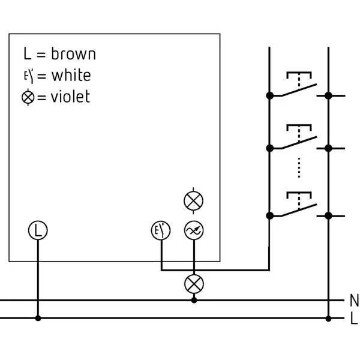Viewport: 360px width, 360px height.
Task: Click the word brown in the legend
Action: pyautogui.click(x=73, y=54)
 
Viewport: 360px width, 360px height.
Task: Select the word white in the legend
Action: pyautogui.click(x=71, y=75)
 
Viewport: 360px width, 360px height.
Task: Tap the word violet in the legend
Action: pyautogui.click(x=70, y=96)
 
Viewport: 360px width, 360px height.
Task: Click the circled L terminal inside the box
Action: pyautogui.click(x=38, y=230)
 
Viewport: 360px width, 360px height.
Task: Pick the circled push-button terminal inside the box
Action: pyautogui.click(x=161, y=230)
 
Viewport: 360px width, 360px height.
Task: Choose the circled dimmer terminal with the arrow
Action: pyautogui.click(x=194, y=230)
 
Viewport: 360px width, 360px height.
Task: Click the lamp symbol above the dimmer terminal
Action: pyautogui.click(x=194, y=200)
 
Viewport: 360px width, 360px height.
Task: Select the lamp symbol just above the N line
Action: pyautogui.click(x=194, y=284)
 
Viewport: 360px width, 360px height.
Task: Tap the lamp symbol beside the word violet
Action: pyautogui.click(x=28, y=97)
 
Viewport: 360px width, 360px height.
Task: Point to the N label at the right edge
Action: pyautogui.click(x=354, y=300)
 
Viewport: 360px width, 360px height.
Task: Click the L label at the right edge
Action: pyautogui.click(x=354, y=319)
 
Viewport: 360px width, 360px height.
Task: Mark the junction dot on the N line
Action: pyautogui.click(x=194, y=300)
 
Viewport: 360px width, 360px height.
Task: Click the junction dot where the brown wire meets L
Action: pyautogui.click(x=38, y=319)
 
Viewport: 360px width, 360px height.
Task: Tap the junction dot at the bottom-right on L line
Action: pyautogui.click(x=329, y=319)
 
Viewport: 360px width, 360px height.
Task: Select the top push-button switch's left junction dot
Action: pyautogui.click(x=270, y=95)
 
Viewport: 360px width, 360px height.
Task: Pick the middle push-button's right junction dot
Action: pyautogui.click(x=329, y=148)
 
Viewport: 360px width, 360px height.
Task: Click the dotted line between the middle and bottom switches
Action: pyautogui.click(x=299, y=167)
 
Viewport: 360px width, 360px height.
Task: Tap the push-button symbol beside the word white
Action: pyautogui.click(x=29, y=76)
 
